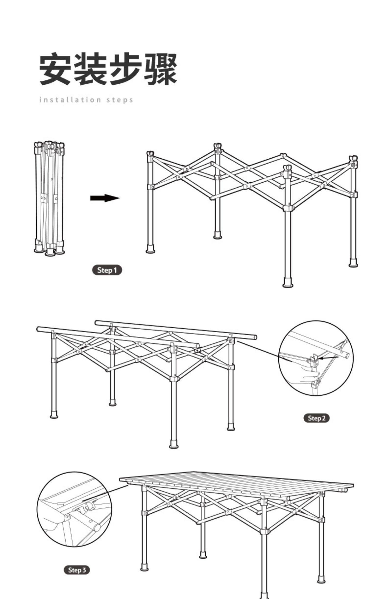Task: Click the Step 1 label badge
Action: click(x=107, y=270)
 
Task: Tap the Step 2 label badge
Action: click(x=317, y=418)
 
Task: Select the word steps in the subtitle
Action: click(x=120, y=100)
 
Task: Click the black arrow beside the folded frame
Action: click(x=105, y=198)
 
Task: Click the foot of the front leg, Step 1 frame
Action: click(x=288, y=283)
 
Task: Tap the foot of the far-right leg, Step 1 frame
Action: click(x=353, y=263)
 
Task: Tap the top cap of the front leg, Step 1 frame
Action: click(x=287, y=168)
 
